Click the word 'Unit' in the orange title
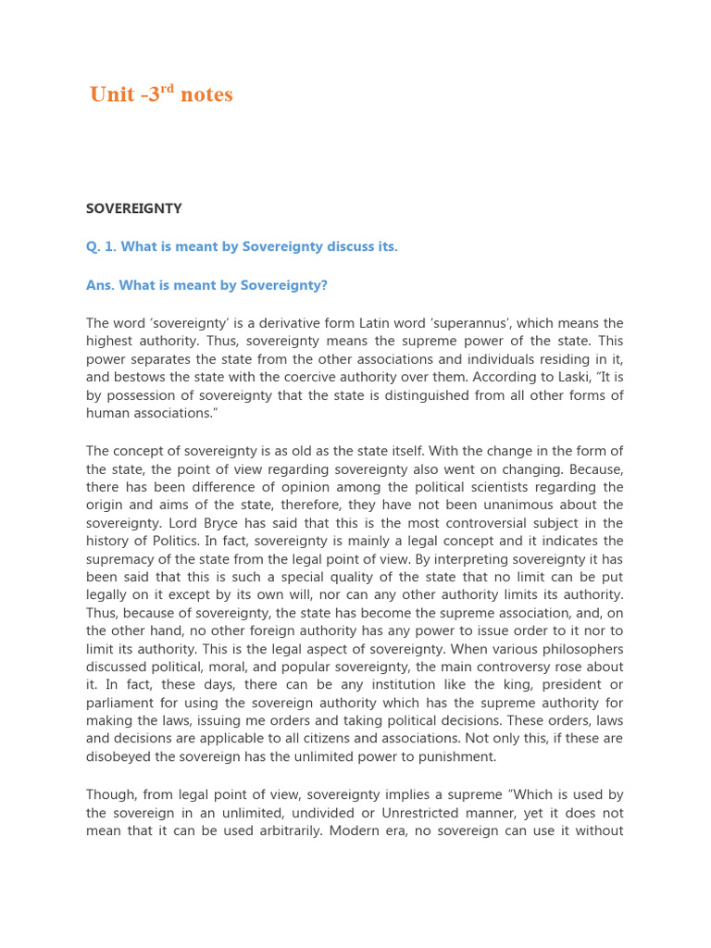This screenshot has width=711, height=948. [112, 95]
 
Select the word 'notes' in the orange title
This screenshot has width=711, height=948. [206, 95]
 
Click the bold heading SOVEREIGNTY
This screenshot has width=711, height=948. [133, 208]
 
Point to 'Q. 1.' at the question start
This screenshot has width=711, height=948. [102, 247]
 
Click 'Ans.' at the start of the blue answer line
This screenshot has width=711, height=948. [99, 286]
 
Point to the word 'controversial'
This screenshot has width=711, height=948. [496, 523]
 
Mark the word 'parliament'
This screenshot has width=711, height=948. [122, 704]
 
